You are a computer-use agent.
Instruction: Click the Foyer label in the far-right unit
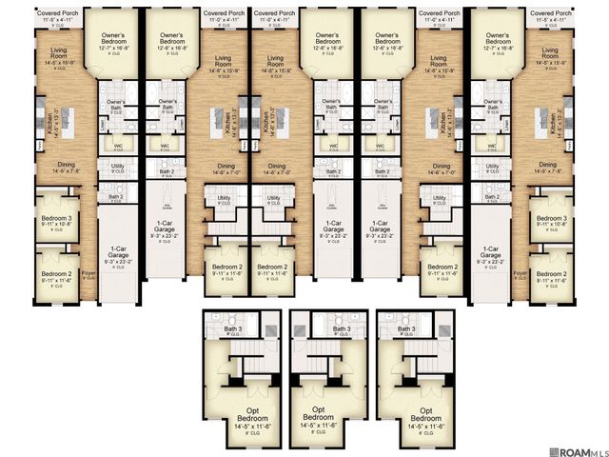[x=520, y=273]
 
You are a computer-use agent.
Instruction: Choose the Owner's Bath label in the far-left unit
[x=116, y=103]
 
